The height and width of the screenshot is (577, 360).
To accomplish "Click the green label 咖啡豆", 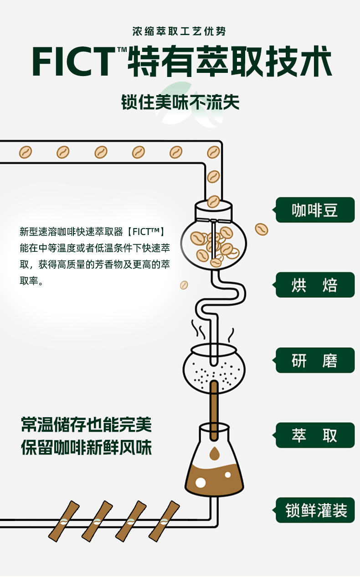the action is click(x=315, y=210).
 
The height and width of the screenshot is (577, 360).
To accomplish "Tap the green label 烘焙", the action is click(x=315, y=285).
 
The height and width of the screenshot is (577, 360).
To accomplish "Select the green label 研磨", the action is click(x=315, y=360).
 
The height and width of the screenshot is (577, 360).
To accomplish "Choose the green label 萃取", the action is click(x=315, y=435).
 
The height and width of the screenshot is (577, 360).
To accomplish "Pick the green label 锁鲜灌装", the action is click(x=315, y=510).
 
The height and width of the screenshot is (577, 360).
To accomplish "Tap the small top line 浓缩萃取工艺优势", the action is click(x=179, y=31).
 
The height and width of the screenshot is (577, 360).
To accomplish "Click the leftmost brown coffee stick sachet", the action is click(x=64, y=520).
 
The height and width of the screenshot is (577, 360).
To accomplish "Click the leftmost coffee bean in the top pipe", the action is click(x=26, y=152).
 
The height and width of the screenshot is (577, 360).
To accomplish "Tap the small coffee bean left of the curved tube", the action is click(x=184, y=285).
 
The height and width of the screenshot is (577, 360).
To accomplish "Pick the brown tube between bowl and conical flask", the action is click(x=213, y=408).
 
